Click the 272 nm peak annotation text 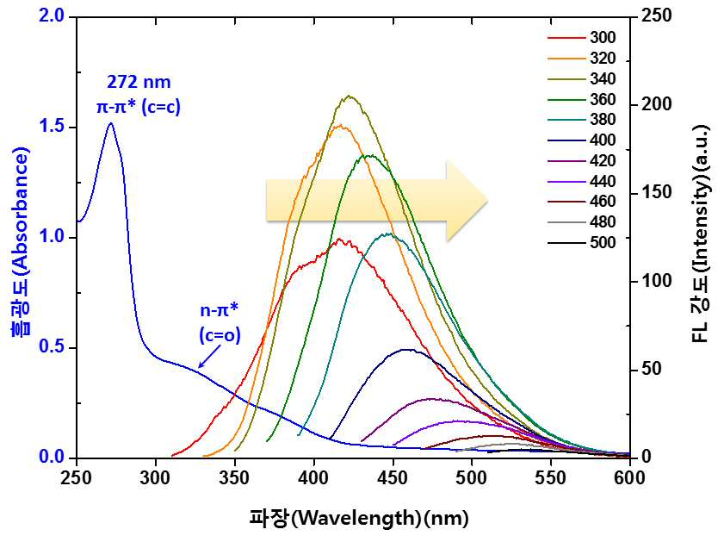pos(139,82)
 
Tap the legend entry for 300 pos(582,37)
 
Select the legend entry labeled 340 pos(582,78)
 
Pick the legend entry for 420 pos(582,161)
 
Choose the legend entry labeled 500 pos(582,243)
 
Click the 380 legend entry pos(582,120)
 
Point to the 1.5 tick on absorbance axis pos(52,127)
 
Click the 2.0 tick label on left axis pos(52,16)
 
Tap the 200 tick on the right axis pos(657,104)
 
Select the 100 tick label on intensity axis pos(657,281)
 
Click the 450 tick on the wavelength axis pos(393,477)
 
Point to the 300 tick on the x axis pos(156,477)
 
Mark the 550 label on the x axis pos(550,477)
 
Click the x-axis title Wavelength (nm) pos(359,518)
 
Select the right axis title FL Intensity pos(701,234)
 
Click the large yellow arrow pos(377,201)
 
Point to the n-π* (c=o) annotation pos(220,323)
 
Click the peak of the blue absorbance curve pos(111,123)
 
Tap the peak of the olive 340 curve pos(349,97)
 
